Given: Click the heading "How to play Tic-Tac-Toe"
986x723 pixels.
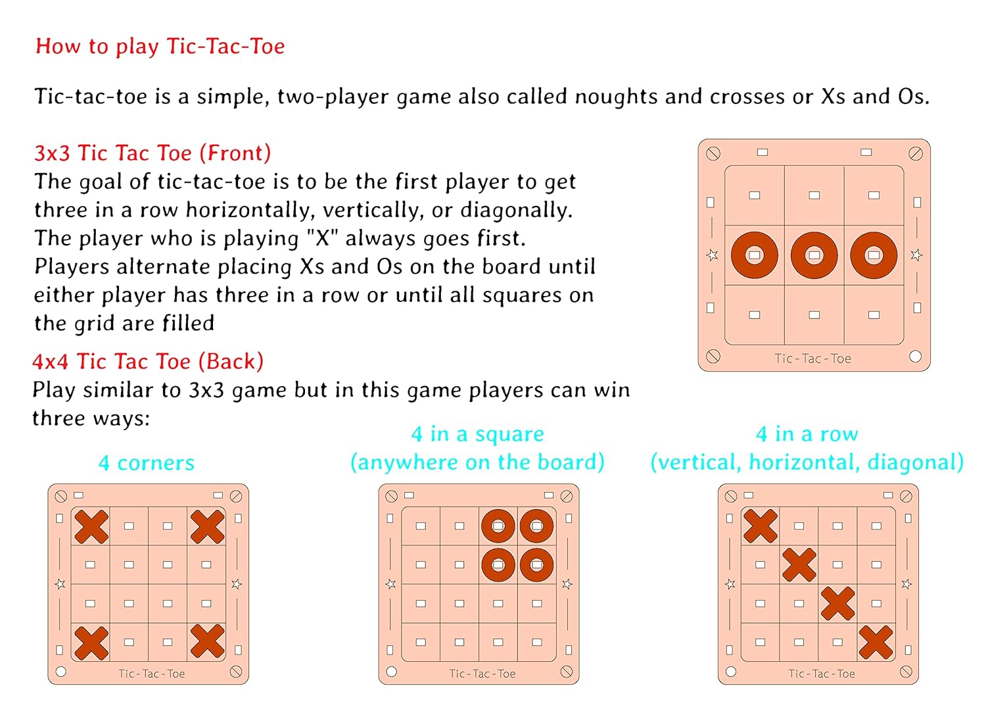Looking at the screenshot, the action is [160, 47].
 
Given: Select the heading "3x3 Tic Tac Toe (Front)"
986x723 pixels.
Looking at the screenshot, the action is [153, 153].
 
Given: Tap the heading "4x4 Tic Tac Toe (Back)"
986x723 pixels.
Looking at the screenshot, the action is [148, 362].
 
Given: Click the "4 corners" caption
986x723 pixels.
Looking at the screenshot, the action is [146, 463].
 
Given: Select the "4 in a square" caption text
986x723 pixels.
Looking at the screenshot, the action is [478, 434].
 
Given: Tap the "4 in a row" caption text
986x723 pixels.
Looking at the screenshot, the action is [807, 434].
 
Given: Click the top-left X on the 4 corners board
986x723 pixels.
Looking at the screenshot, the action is [91, 527].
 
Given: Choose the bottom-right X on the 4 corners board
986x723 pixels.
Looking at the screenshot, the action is [207, 641].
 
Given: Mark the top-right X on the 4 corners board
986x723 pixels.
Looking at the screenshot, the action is [207, 527].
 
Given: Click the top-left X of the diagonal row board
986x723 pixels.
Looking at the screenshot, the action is [760, 526].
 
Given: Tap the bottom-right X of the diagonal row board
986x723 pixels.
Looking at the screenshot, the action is [876, 642].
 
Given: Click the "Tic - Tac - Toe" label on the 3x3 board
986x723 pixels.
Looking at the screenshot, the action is [812, 359].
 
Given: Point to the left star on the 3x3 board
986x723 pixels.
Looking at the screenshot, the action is [712, 255].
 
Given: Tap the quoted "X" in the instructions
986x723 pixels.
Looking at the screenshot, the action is [323, 238].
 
